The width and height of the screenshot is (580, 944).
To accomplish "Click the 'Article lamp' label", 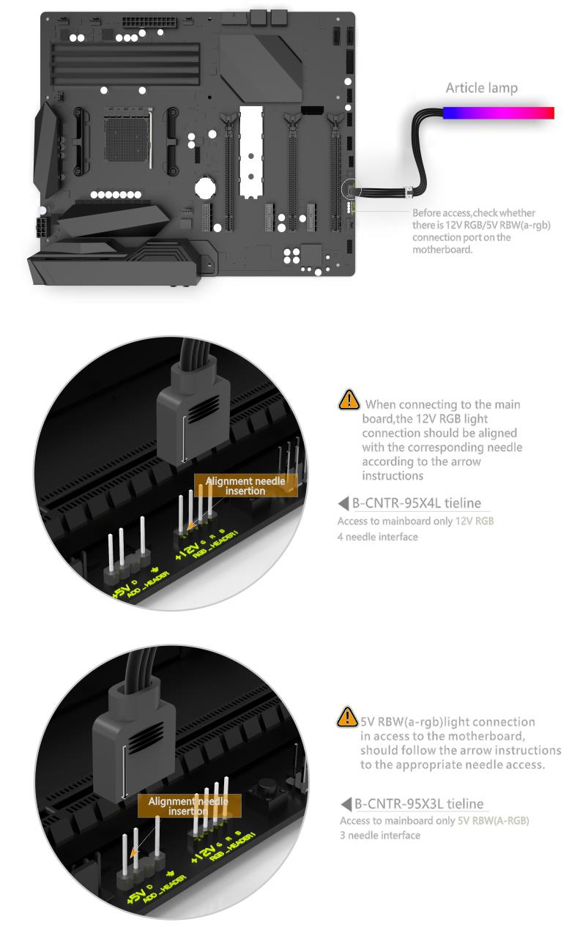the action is [481, 88].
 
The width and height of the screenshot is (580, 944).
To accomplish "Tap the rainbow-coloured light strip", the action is [498, 113].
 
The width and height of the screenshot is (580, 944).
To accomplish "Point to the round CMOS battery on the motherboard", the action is [205, 187].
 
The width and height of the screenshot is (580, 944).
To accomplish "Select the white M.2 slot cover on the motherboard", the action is [251, 152].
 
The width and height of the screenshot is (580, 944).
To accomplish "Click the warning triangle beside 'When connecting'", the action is [349, 400].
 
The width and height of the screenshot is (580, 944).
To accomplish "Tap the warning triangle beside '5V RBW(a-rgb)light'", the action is [347, 717].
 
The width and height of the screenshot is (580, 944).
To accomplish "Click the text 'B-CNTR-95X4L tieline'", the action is [417, 503].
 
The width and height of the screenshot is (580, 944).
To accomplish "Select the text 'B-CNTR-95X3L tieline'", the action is [419, 803].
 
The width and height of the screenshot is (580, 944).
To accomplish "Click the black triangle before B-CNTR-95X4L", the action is [343, 503].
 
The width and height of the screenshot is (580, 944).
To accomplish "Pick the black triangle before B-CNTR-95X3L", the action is [346, 803].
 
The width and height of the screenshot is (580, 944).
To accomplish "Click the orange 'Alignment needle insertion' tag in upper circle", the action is [245, 486].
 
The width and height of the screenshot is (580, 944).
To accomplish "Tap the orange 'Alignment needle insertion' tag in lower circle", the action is [189, 806].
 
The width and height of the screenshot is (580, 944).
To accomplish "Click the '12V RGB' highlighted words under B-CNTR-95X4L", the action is [475, 521].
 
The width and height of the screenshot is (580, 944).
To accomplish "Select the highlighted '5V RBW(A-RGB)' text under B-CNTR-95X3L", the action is [493, 820].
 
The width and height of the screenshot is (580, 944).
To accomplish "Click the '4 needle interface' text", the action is [378, 537].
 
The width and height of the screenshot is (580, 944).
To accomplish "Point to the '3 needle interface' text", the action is [380, 835].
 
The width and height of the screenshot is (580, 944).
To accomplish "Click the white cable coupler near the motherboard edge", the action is [409, 192].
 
